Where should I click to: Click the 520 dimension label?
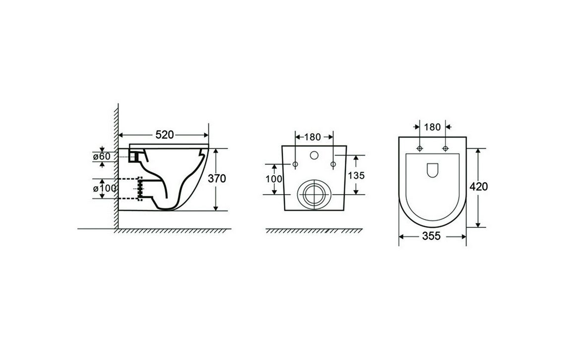coord(165,135)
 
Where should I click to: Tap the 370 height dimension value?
coord(217,179)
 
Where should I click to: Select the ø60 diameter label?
coord(102,156)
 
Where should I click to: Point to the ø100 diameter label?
coord(105,189)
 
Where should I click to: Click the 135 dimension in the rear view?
coord(356,175)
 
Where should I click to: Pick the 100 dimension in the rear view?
coord(274,179)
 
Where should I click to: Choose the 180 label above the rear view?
coord(313,137)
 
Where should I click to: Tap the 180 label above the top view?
coord(432,127)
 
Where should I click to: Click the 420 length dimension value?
coord(478,186)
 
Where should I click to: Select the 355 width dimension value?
coord(431,236)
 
